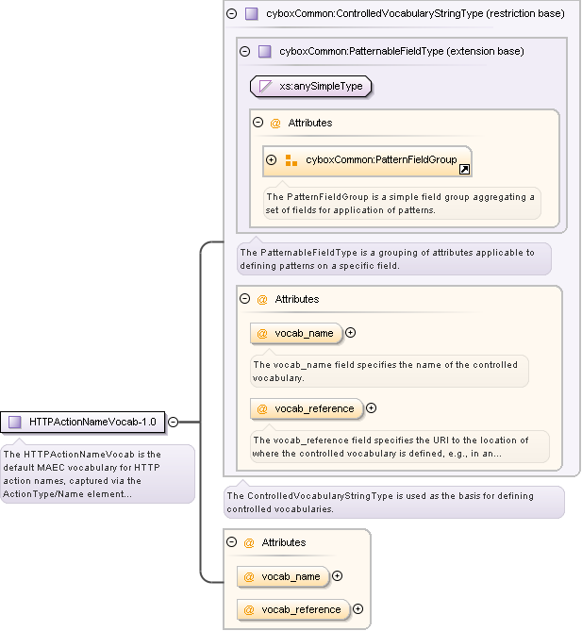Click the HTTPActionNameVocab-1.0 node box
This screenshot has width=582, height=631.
84,422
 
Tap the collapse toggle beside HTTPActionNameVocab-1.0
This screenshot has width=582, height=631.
173,422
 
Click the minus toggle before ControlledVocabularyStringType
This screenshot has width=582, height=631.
232,14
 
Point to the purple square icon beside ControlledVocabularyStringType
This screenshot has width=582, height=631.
251,14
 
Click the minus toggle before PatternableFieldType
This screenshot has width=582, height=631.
245,51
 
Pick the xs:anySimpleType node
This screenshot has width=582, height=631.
311,86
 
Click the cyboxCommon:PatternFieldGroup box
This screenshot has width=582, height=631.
368,160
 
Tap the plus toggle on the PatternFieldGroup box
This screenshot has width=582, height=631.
272,160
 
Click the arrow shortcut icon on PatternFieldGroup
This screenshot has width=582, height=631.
464,169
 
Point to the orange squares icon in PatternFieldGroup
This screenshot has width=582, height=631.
291,160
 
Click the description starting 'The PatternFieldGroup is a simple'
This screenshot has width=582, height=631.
401,203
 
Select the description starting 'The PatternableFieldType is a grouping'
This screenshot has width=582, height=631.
392,258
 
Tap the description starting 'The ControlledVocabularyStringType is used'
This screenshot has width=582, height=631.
392,502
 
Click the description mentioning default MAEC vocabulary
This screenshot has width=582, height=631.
97,473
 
